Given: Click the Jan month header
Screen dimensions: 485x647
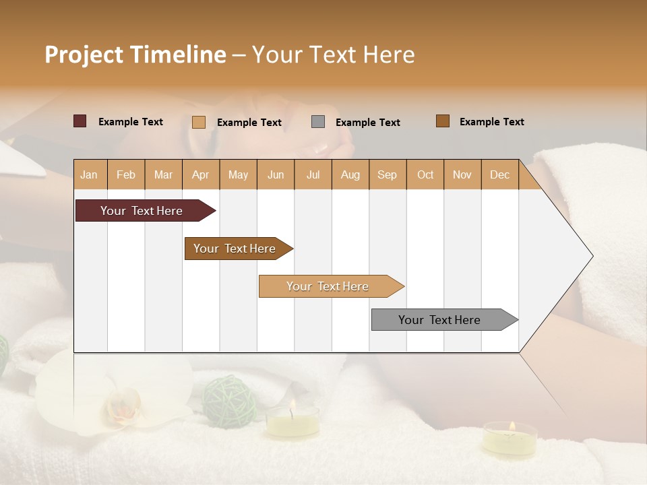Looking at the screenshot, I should click(x=89, y=174).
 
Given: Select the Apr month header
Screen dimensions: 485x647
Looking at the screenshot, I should click(x=200, y=174).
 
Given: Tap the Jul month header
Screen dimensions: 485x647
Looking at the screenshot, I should click(x=313, y=174).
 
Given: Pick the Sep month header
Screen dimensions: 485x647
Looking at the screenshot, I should click(x=387, y=174).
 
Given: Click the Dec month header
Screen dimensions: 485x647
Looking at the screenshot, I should click(x=499, y=174).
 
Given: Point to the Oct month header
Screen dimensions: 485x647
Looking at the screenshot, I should click(x=425, y=174).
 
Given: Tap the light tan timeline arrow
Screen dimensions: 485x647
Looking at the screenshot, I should click(x=329, y=286).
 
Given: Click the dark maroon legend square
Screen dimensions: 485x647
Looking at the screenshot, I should click(x=80, y=121).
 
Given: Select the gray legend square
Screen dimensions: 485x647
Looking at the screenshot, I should click(x=318, y=121).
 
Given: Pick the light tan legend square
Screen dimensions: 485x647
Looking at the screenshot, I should click(x=199, y=122).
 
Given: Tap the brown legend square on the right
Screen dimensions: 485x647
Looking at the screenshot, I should click(x=443, y=121).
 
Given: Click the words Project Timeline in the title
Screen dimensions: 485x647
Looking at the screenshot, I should click(x=135, y=55).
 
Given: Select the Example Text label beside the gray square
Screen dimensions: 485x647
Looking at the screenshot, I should click(x=367, y=123).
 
